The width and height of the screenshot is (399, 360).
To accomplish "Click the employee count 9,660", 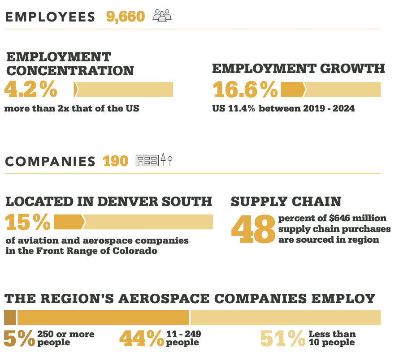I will click(126, 17).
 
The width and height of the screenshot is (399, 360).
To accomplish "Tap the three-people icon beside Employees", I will click(162, 16).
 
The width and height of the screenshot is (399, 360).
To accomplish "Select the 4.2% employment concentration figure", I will click(31, 89).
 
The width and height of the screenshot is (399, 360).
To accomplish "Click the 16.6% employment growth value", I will click(245, 89).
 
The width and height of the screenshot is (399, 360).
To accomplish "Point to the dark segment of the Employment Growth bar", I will click(293, 89).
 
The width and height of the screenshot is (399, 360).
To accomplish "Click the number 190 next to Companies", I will click(115, 161).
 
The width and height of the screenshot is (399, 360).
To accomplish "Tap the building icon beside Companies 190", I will click(147, 160).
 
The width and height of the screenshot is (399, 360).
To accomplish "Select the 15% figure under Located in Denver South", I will click(28, 223).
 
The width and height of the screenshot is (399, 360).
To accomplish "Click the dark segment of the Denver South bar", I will click(69, 222).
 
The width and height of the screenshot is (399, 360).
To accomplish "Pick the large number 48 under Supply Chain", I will click(253, 229).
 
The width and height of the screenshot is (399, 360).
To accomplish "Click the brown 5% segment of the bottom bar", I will click(10, 317).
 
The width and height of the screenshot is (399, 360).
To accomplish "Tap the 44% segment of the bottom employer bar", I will click(103, 317).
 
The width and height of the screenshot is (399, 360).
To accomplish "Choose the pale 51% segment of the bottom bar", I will click(285, 317).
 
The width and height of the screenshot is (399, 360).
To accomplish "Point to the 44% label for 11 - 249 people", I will click(141, 339).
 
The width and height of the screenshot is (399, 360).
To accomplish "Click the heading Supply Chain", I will click(286, 201).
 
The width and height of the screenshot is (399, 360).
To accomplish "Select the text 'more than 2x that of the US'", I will click(72, 108).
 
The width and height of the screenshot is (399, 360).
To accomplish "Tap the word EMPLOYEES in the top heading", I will click(50, 17).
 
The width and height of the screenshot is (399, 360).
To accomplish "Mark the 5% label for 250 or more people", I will click(19, 339).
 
